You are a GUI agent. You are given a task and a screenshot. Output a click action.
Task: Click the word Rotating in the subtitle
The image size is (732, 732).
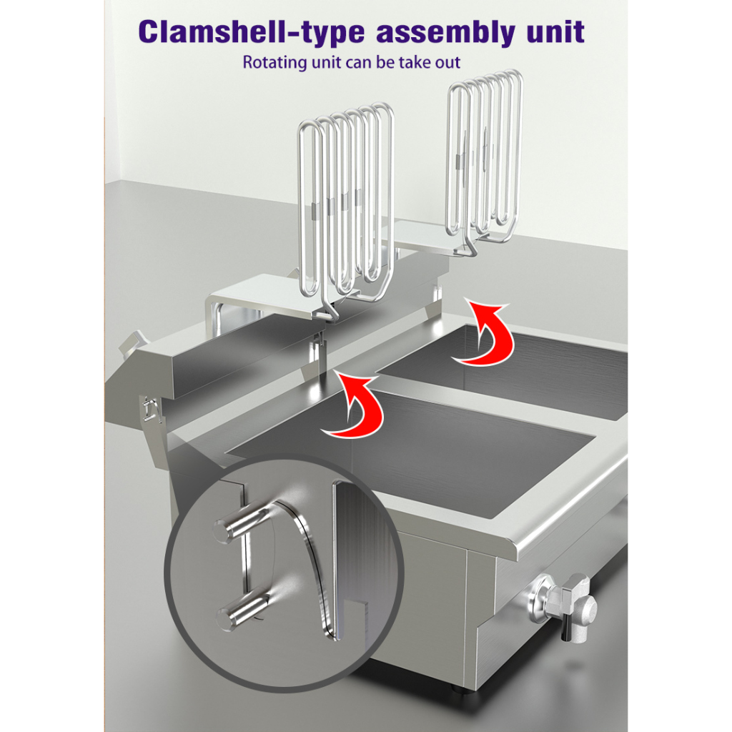pos(274,63)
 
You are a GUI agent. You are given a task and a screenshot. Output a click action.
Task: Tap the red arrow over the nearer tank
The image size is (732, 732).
pos(354,405)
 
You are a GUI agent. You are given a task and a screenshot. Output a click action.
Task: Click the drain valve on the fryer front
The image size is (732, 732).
pos(563,605)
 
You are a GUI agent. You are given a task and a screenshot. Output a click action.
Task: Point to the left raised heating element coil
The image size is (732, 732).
pos(345,201)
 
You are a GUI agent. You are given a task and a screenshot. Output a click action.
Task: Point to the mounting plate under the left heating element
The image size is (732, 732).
pos(280,299)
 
